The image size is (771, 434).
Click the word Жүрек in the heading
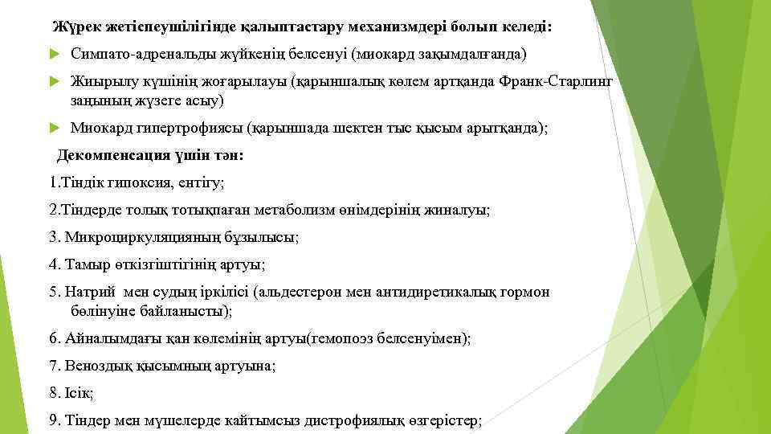click(75, 27)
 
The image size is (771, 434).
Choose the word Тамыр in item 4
click(84, 264)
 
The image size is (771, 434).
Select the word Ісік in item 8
click(79, 393)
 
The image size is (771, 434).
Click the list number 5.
click(54, 292)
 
